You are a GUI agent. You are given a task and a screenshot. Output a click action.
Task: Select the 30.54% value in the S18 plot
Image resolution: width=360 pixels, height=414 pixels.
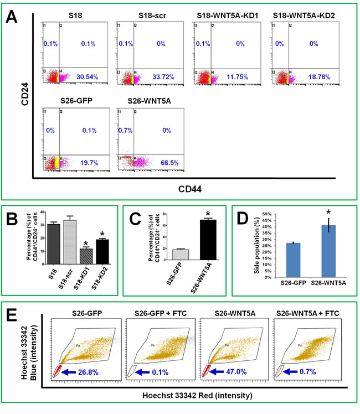click(87, 77)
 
